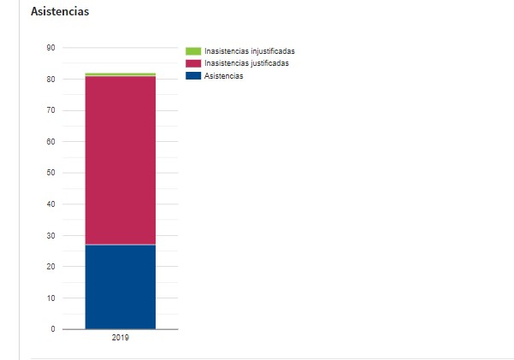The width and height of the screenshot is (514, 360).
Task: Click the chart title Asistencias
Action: pos(60,12)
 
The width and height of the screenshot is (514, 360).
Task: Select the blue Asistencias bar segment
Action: pos(121,286)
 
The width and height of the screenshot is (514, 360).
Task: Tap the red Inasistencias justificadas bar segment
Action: pos(121,160)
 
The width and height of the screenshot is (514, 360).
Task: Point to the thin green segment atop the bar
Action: pos(121,74)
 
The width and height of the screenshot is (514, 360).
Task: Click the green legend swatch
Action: pos(193,51)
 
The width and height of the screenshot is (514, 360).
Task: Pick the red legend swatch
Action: pos(193,63)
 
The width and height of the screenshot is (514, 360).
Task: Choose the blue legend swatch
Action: pos(193,76)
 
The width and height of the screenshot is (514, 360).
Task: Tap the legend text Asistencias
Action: pos(224,76)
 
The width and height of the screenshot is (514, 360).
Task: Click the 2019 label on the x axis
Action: pos(121,339)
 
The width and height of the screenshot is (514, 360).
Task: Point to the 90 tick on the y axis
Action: pos(50,48)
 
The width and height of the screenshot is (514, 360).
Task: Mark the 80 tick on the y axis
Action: pos(50,80)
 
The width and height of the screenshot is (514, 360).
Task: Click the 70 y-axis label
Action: pos(50,110)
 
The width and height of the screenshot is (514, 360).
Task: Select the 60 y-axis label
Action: pos(50,142)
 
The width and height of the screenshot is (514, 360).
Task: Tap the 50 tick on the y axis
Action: pos(50,173)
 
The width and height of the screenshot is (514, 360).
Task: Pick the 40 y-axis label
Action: pos(50,204)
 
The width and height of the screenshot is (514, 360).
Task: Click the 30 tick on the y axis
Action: pos(50,235)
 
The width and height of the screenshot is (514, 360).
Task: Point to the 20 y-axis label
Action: pos(50,267)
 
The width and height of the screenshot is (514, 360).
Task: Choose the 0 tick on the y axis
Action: pos(53,329)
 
